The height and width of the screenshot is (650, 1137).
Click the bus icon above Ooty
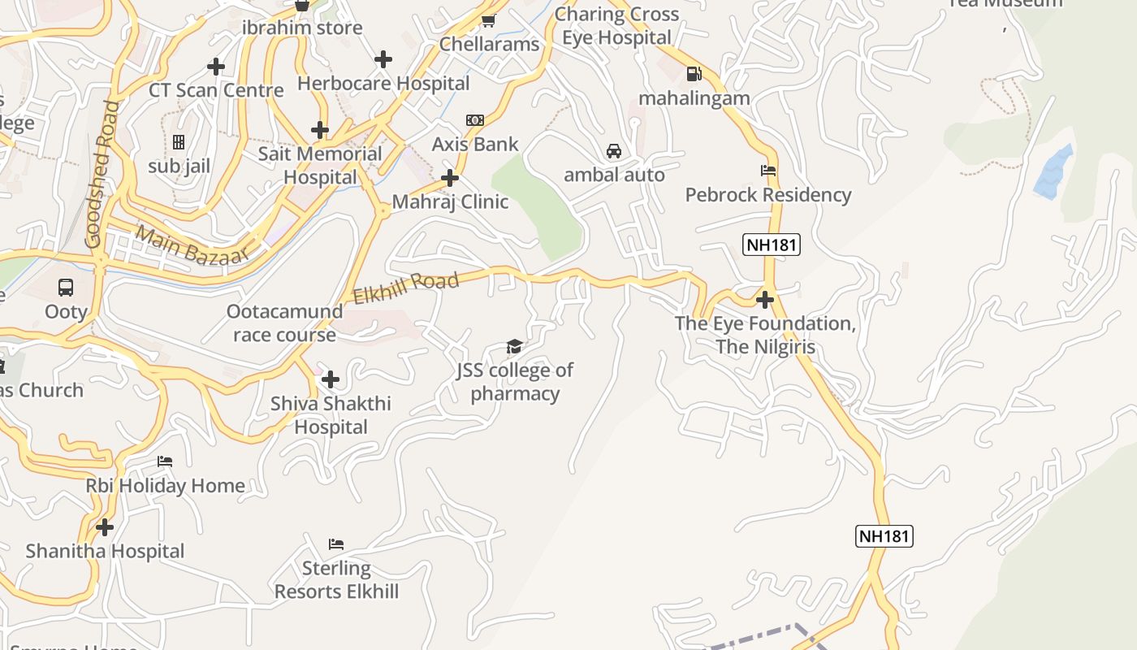coord(66,288)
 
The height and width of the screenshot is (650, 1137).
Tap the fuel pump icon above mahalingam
coord(694,74)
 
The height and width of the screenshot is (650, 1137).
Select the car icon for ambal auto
coord(614,151)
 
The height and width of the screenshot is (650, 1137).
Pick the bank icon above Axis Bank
coord(475,120)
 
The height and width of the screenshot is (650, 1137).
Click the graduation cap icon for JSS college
coord(514,347)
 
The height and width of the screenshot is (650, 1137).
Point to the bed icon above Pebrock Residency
coord(768,171)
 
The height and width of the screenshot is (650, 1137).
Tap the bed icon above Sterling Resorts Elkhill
coord(336,544)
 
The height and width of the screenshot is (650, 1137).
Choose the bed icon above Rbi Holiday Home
coord(165,461)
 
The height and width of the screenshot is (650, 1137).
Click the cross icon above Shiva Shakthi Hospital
coord(331,379)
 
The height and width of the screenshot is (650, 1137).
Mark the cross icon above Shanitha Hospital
coord(105,527)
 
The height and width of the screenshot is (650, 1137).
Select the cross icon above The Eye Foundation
coord(764,300)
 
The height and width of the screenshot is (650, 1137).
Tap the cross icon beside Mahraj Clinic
coord(450,178)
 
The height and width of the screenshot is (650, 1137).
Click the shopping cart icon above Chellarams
coord(488,20)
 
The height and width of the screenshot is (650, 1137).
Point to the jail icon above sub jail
coord(179,142)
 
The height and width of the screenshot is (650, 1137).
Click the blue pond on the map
coord(1054,171)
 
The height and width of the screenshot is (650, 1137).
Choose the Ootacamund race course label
coord(284,323)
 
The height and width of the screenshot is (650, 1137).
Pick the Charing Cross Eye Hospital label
coord(617,26)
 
